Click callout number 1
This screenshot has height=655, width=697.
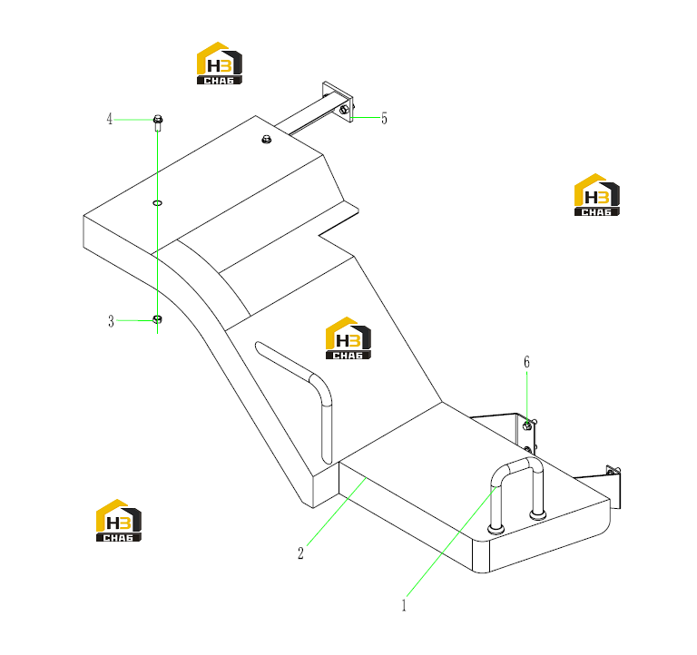pyautogui.click(x=404, y=605)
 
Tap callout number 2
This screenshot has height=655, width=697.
pyautogui.click(x=300, y=553)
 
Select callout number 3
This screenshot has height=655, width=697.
pyautogui.click(x=111, y=321)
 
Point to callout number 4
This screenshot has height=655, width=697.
pyautogui.click(x=109, y=119)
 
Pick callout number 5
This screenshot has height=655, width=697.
pyautogui.click(x=384, y=118)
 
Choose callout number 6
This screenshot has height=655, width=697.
pyautogui.click(x=526, y=362)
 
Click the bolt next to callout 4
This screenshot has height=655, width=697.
pyautogui.click(x=157, y=123)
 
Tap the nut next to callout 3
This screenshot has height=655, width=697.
pyautogui.click(x=157, y=319)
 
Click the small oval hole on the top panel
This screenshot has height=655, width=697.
pyautogui.click(x=157, y=203)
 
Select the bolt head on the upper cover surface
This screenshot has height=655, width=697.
pyautogui.click(x=266, y=139)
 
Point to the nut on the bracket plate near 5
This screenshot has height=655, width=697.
pyautogui.click(x=344, y=109)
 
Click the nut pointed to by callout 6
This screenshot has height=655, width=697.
pyautogui.click(x=527, y=425)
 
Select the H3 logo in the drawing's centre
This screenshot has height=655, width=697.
pyautogui.click(x=348, y=338)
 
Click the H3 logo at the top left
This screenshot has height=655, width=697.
pyautogui.click(x=220, y=64)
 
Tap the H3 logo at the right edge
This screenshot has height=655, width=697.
pyautogui.click(x=597, y=195)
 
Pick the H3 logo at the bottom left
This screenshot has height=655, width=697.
pyautogui.click(x=119, y=521)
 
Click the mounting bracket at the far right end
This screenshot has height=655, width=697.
pyautogui.click(x=614, y=486)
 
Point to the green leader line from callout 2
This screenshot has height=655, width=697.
pyautogui.click(x=337, y=512)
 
